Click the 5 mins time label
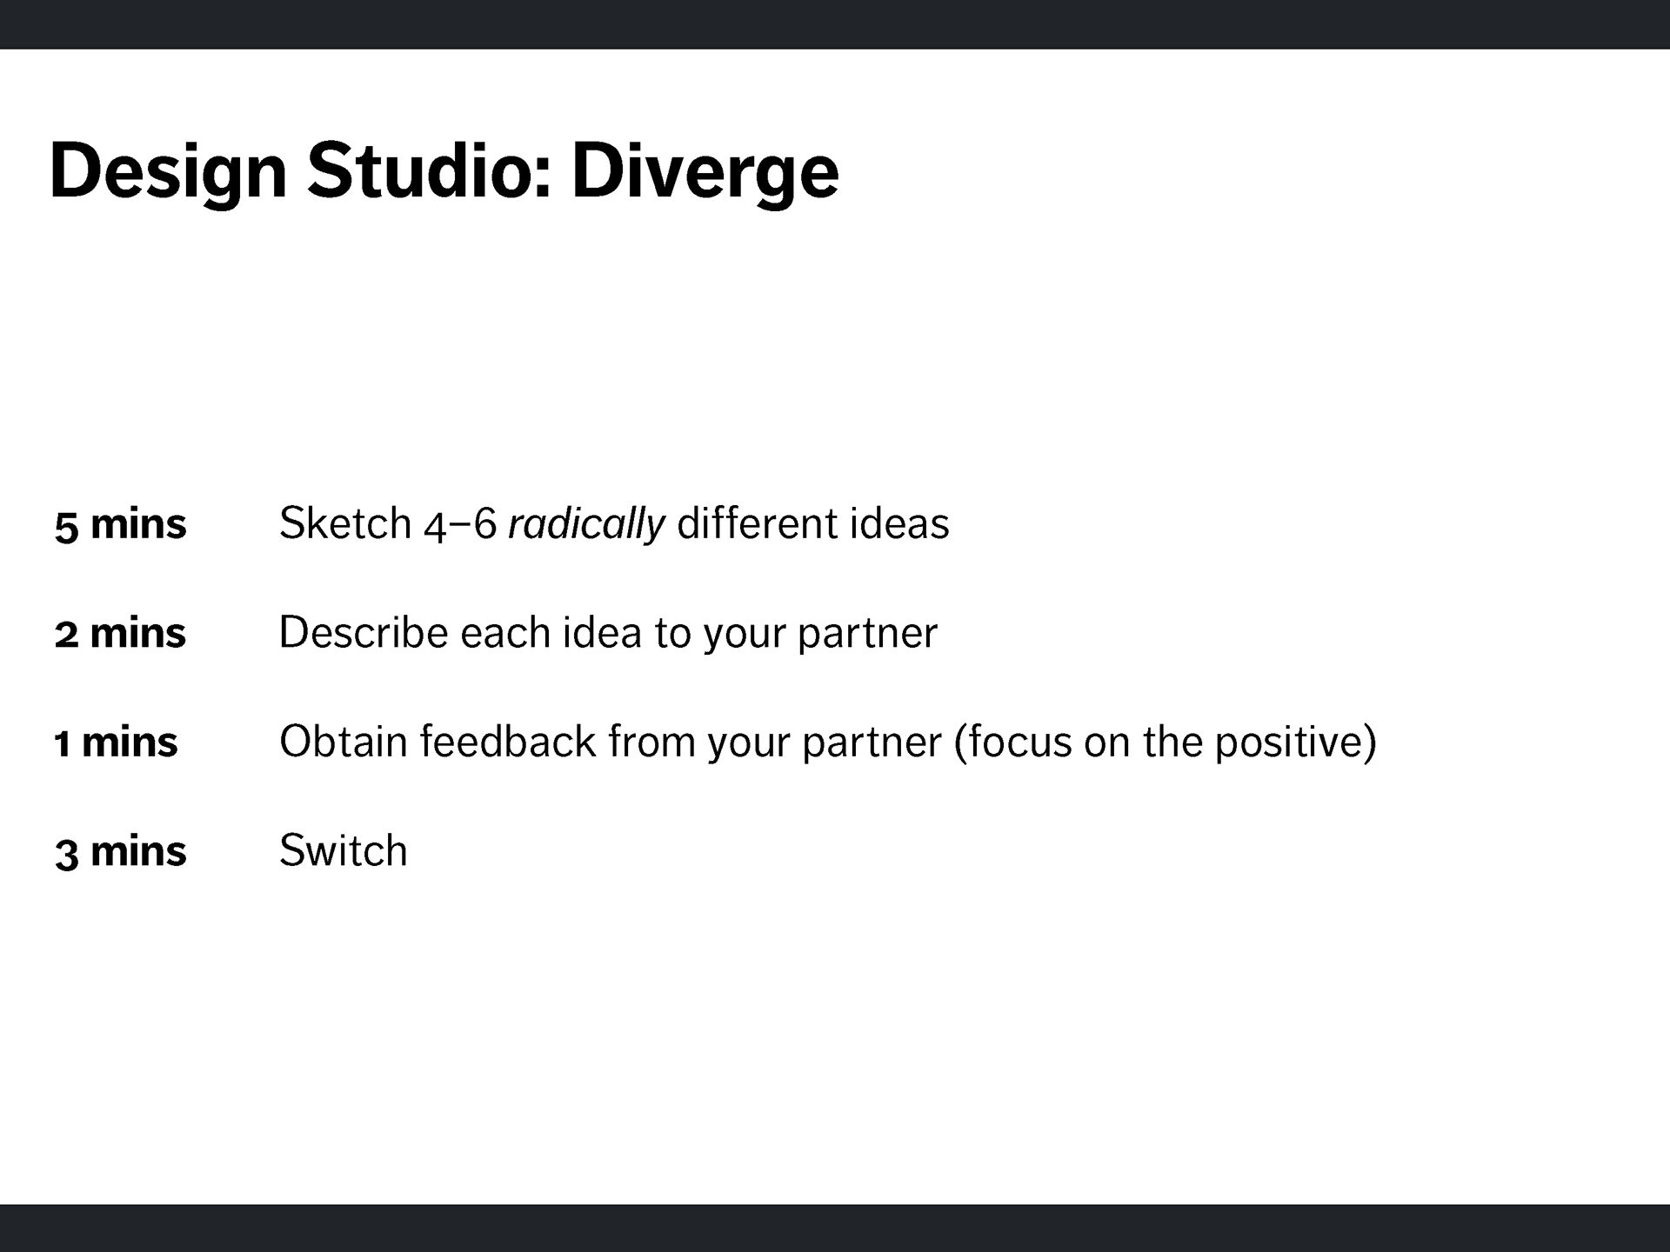click(x=120, y=524)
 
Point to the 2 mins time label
click(x=120, y=633)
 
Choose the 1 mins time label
click(x=116, y=743)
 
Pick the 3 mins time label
click(x=120, y=851)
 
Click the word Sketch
click(x=345, y=523)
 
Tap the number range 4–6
click(x=461, y=524)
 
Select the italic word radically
click(x=587, y=524)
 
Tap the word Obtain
click(x=344, y=741)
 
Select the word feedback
click(x=509, y=741)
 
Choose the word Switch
click(x=344, y=849)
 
